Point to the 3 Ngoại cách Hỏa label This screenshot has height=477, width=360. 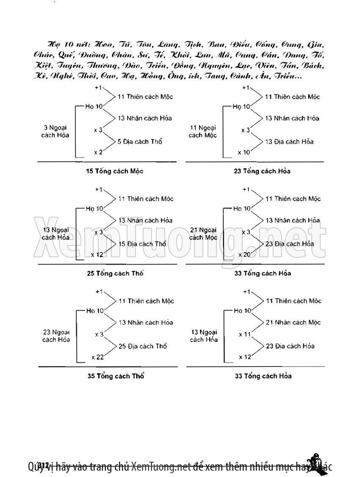click(56, 131)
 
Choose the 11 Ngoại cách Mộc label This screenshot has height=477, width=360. click(203, 131)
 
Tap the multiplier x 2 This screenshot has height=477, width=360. click(98, 152)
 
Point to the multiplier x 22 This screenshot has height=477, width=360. click(97, 357)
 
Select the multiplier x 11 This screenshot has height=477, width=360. click(245, 334)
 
